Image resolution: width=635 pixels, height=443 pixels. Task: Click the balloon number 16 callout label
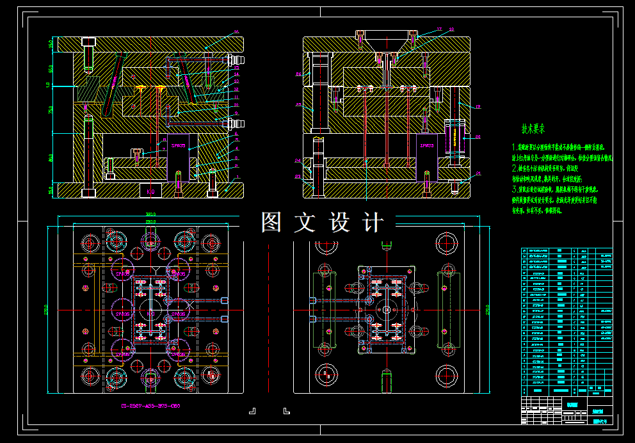click(236, 32)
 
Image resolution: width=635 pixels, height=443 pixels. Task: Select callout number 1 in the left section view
click(236, 177)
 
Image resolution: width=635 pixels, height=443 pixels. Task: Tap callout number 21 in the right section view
click(478, 173)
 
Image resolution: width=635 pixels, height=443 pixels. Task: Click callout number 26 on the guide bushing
click(298, 74)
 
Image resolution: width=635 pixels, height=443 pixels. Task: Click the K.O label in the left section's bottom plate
click(151, 191)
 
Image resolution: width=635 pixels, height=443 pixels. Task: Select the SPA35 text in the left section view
click(177, 145)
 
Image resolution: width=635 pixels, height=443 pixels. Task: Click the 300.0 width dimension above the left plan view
click(150, 214)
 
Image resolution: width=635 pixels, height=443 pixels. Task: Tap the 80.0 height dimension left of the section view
click(51, 157)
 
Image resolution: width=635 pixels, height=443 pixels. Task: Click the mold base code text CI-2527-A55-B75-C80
click(151, 406)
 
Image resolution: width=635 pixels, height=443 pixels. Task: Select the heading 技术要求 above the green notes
click(533, 129)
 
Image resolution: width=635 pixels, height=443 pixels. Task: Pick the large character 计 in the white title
click(372, 222)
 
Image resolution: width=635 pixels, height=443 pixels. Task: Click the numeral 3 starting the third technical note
click(514, 190)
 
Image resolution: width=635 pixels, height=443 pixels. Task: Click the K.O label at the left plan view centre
click(151, 314)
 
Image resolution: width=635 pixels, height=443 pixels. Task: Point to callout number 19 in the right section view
click(478, 106)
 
